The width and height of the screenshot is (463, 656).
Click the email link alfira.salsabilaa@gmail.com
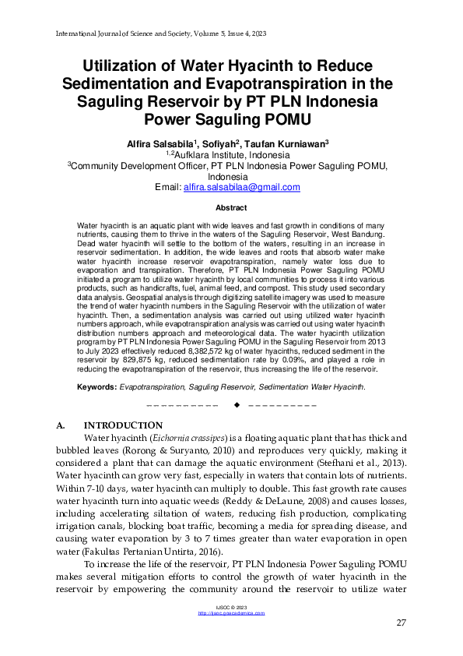click(241, 187)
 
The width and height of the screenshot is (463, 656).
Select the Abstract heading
click(231, 208)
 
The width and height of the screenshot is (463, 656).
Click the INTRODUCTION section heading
click(123, 425)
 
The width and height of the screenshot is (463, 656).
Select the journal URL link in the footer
click(231, 613)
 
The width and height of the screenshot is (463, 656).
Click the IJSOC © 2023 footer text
click(231, 607)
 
